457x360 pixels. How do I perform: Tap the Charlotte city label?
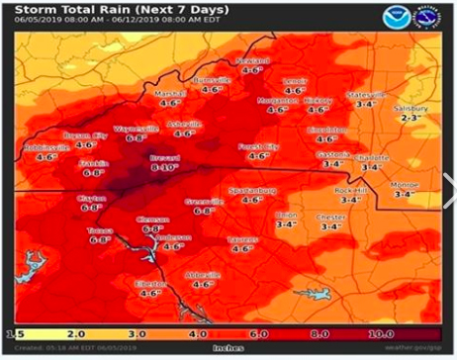pos(372,156)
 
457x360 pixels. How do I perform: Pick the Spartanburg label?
pos(252,189)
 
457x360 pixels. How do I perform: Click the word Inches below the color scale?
pos(228,346)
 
